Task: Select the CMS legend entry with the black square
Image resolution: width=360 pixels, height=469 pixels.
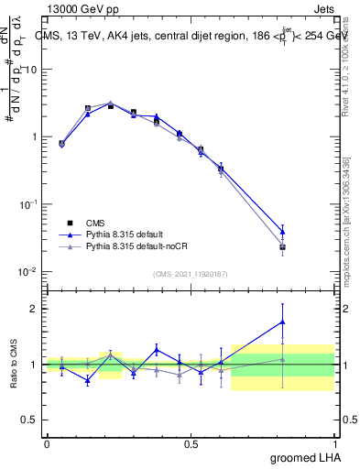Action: (94, 223)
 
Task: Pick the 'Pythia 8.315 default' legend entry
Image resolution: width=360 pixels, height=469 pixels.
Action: (123, 234)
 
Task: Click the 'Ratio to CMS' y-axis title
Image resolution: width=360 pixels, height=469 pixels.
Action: (14, 365)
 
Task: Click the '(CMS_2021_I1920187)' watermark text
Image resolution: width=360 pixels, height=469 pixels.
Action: (191, 273)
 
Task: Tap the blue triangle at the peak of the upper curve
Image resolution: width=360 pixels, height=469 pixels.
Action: (110, 104)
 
